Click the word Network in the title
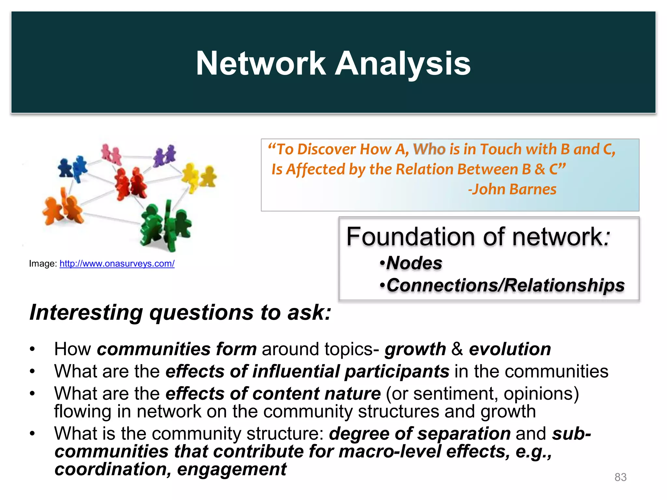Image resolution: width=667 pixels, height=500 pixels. [x=261, y=63]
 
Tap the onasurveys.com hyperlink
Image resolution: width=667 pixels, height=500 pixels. [x=117, y=263]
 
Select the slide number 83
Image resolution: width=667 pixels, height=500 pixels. [x=620, y=477]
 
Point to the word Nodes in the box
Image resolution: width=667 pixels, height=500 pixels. [x=414, y=263]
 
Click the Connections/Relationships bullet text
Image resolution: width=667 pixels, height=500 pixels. [x=505, y=285]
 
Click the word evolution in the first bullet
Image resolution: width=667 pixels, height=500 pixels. [x=510, y=349]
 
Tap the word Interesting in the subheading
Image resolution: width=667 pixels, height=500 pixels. [x=86, y=312]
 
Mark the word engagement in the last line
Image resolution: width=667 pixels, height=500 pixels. [x=232, y=469]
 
